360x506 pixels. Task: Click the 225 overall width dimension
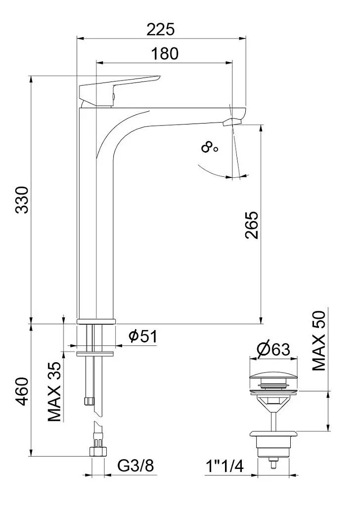[x=161, y=30]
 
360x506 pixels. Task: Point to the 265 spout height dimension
[x=252, y=225]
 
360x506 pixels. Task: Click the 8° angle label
[x=209, y=147]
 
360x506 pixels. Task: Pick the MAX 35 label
[x=55, y=391]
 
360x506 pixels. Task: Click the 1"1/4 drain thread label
[x=225, y=465]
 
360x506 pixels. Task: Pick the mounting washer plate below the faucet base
[x=96, y=353]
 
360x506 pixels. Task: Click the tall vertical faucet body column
[x=96, y=222]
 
